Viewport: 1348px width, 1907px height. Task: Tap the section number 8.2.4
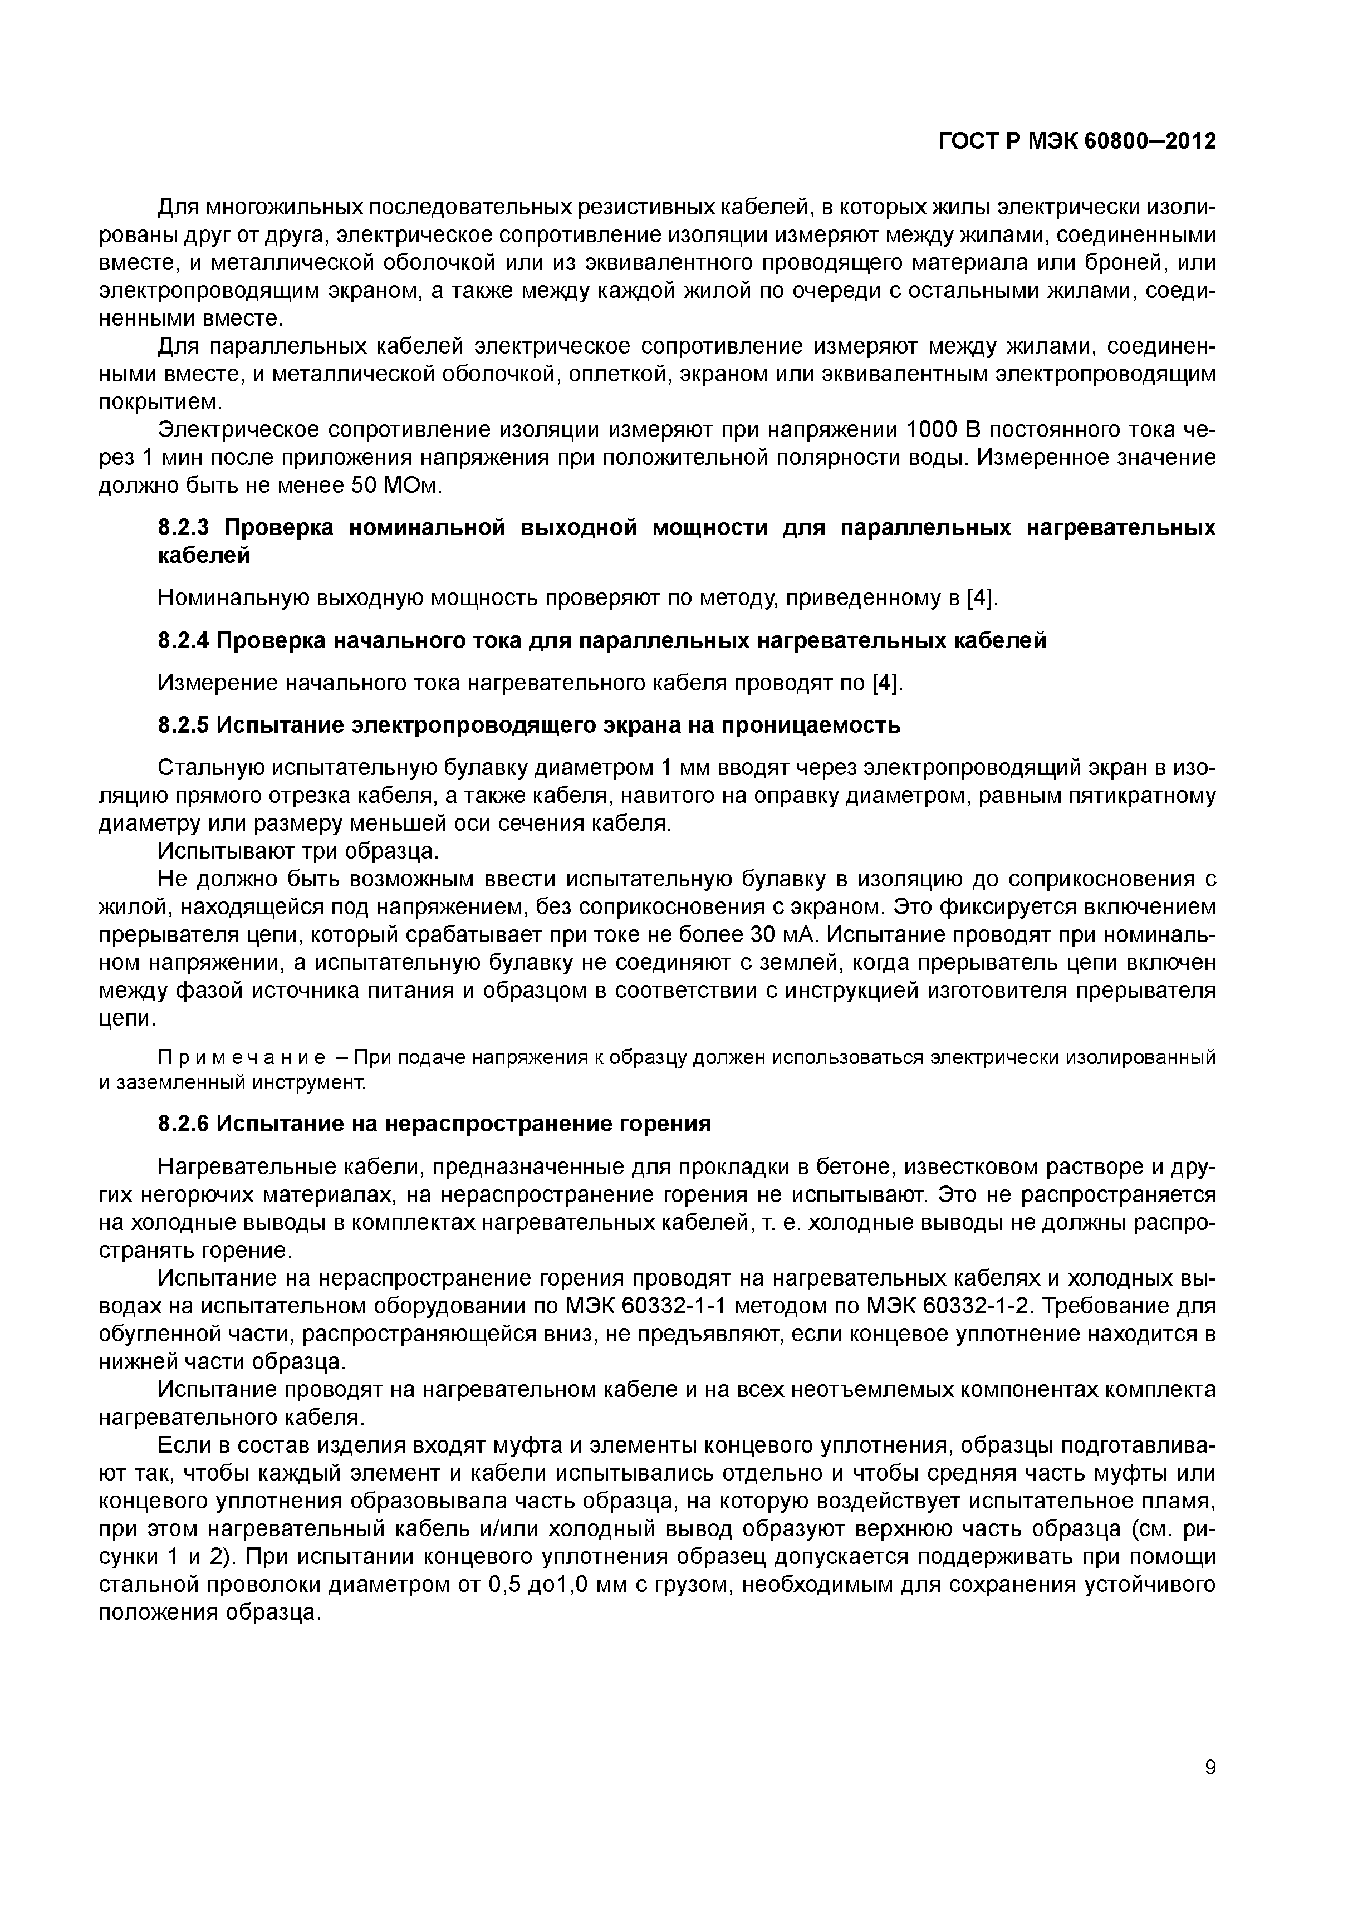click(187, 640)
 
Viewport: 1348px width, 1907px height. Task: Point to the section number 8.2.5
click(187, 725)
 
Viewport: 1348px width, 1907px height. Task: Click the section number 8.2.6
click(187, 1125)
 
